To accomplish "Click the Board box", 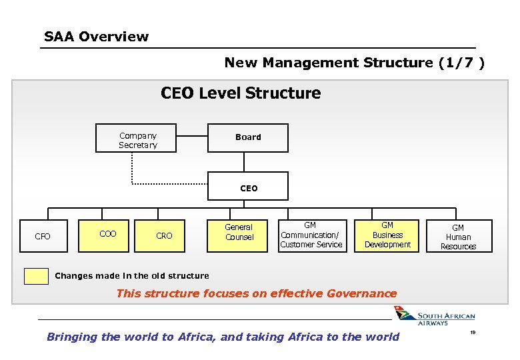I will pos(248,138).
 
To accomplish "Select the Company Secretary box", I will pos(138,141).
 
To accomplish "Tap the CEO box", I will pos(248,189).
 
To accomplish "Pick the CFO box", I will pos(43,236).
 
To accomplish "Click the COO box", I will pos(107,234).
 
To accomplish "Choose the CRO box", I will pos(164,236).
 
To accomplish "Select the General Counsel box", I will pos(239,233).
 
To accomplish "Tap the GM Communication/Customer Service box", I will pos(311,235).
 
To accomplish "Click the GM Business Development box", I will pos(387,235).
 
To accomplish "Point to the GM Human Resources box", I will pos(458,237).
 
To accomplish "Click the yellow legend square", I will pos(36,276).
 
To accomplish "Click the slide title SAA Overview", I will pos(96,37).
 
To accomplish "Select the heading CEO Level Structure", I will pos(241,93).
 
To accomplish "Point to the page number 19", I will pos(473,332).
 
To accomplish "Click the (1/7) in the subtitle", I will pos(461,63).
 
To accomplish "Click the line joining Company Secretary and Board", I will pos(183,137).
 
